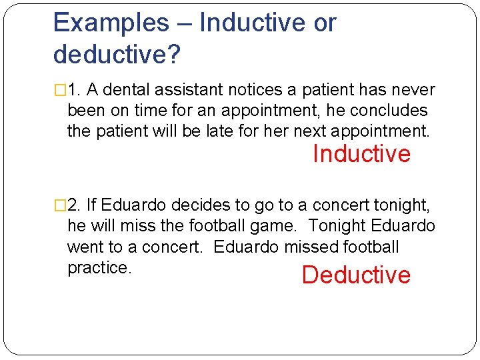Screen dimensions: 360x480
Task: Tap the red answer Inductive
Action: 361,154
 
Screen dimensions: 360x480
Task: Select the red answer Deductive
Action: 356,275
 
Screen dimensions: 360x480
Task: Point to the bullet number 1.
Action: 74,90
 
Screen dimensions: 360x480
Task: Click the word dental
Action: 127,90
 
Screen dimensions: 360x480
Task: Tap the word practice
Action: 98,267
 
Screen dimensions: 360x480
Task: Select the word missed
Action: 311,247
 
